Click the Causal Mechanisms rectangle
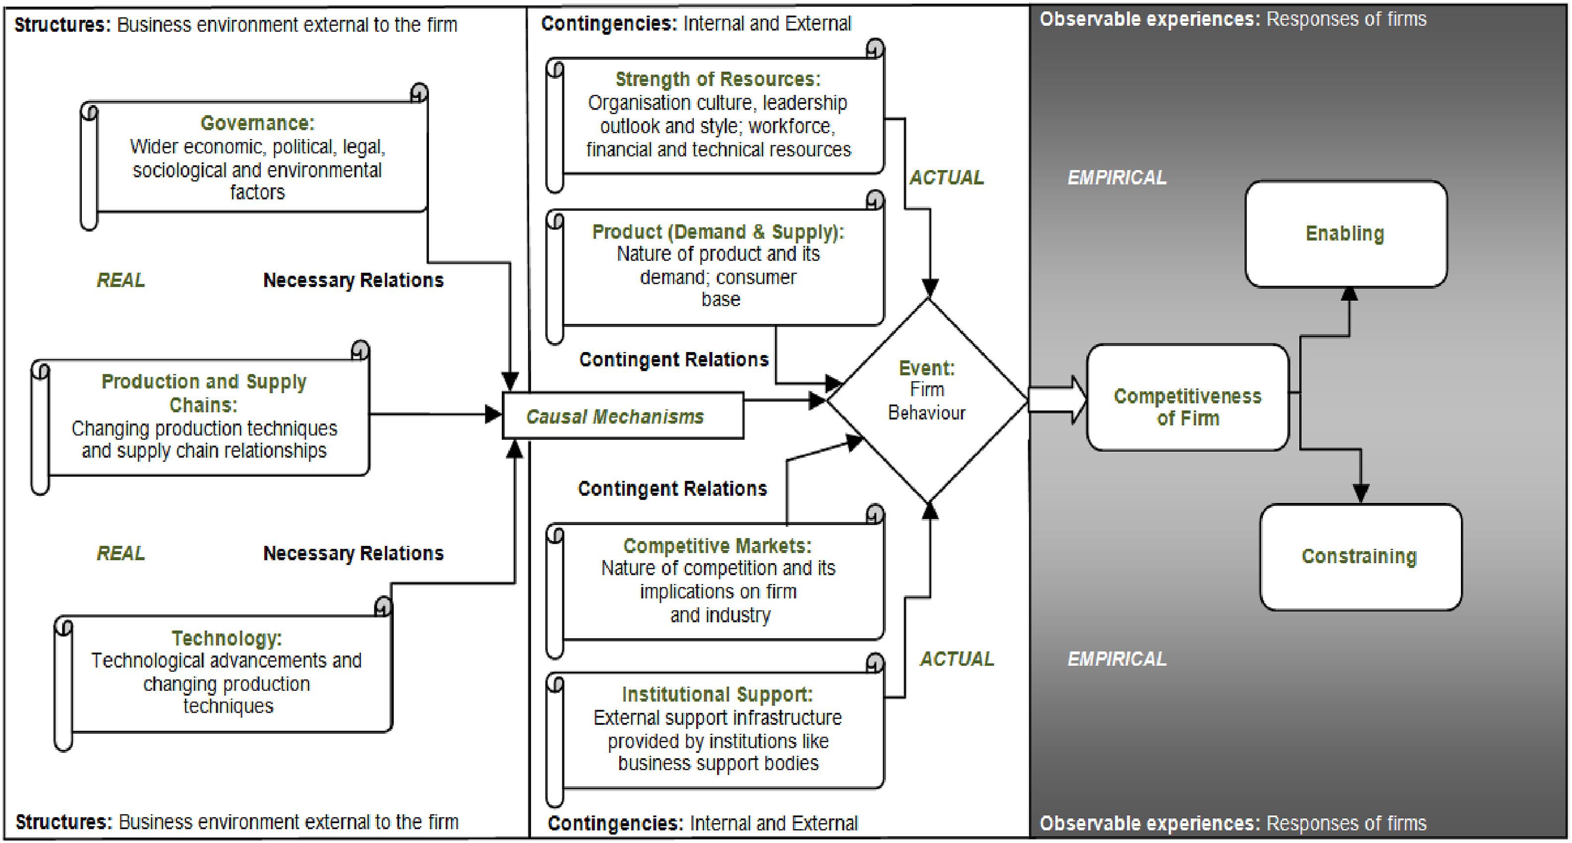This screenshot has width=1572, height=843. (x=623, y=416)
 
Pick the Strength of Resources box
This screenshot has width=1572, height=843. (x=715, y=116)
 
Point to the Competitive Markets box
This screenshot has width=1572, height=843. (x=715, y=582)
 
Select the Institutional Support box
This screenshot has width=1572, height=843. (x=715, y=730)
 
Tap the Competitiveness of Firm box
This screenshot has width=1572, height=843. (x=1188, y=397)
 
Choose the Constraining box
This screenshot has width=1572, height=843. (x=1361, y=557)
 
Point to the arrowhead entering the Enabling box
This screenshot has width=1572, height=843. (x=1349, y=294)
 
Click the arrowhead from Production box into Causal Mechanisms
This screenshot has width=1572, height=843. (x=493, y=414)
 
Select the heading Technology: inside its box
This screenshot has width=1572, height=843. (x=227, y=639)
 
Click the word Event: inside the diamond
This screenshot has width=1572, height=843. (x=927, y=368)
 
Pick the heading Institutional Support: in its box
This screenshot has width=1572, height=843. (x=718, y=695)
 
